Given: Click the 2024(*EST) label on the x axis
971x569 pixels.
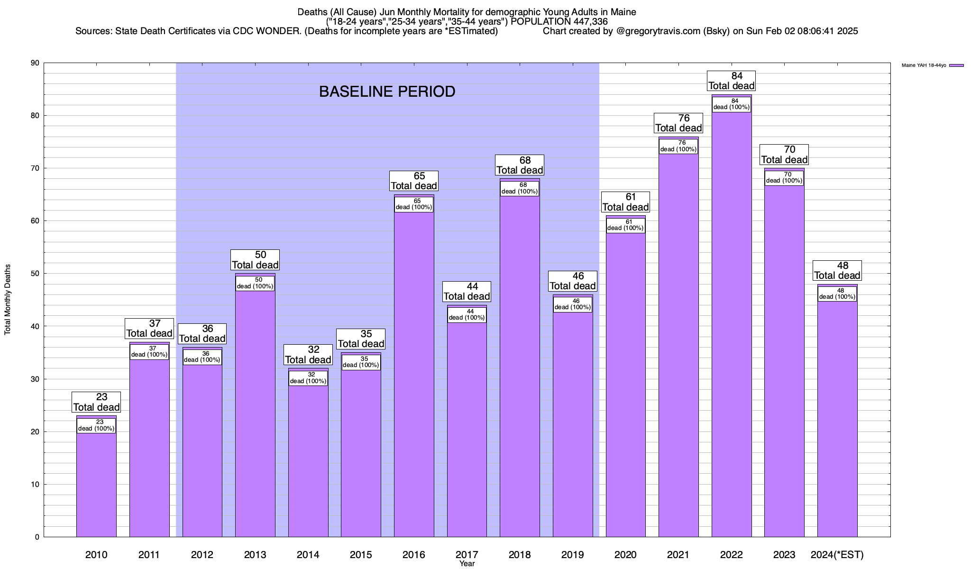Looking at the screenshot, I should pos(837,554).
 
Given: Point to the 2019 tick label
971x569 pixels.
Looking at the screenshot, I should pos(573,554).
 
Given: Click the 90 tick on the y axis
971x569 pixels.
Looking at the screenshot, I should pos(35,63).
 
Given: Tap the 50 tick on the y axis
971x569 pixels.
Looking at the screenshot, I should pos(35,274).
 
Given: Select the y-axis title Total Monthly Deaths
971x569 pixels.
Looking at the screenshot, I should pos(8,300).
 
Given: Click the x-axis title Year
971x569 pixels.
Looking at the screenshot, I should pos(467,564).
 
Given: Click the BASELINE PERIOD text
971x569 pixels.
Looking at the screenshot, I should pos(387,92).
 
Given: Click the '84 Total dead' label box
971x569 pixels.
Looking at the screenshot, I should pos(731,81).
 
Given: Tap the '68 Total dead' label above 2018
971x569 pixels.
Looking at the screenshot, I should pos(520,165).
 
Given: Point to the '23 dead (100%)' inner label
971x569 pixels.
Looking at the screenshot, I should pos(96,425).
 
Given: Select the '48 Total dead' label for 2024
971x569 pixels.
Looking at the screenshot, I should pos(837,270).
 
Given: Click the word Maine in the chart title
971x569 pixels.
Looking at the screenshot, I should pos(623,12).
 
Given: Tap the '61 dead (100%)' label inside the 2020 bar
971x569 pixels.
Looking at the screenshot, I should pos(625,225).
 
